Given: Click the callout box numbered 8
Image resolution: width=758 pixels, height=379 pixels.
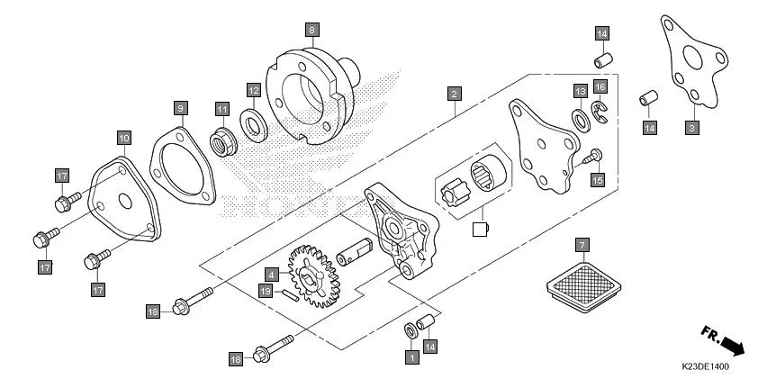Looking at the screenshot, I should point(311,30).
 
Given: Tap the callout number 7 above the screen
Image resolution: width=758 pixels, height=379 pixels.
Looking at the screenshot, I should point(582,244).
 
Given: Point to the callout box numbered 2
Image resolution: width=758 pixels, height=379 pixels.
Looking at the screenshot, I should point(456,93).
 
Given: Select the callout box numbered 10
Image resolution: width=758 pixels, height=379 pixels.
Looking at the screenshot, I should point(123,138).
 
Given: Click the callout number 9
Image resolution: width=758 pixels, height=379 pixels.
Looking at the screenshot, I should point(180,108).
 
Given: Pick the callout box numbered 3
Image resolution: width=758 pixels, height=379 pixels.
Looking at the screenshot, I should point(691,129).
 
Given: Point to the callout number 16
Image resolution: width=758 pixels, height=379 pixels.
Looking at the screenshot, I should point(600,86).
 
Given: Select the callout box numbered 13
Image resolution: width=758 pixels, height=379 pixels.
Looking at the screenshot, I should point(581,91).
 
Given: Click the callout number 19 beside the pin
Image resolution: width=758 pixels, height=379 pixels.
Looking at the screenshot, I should point(266,290).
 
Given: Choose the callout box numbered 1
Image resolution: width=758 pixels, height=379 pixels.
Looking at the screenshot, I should point(412,357).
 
